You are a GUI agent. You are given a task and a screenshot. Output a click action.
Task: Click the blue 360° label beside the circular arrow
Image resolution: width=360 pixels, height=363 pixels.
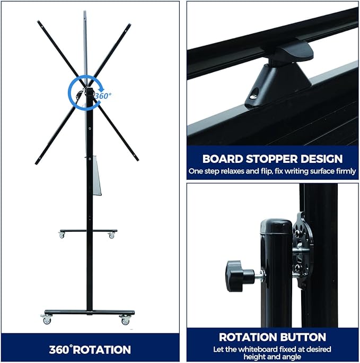103,96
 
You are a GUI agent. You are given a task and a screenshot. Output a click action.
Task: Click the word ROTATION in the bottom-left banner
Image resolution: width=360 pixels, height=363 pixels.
102,350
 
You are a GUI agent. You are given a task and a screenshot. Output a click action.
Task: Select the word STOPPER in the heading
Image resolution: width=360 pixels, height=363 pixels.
272,159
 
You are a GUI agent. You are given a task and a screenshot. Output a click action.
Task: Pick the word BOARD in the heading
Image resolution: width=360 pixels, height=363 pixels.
223,159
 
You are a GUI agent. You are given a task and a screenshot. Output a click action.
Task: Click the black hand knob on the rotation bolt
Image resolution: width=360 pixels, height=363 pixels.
238,275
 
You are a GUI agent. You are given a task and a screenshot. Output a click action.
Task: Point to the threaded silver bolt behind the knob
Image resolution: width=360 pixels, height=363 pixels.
259,275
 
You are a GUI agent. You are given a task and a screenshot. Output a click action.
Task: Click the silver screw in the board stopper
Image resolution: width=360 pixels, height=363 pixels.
253,96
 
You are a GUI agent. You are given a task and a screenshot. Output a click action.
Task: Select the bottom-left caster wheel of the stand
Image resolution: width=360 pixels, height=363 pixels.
47,319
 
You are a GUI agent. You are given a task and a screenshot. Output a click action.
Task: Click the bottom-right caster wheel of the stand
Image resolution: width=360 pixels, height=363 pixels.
125,319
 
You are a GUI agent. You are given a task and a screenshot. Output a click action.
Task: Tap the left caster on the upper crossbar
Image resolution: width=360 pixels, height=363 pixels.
62,235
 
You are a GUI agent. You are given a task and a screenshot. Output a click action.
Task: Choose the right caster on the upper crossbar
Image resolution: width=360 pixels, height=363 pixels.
111,235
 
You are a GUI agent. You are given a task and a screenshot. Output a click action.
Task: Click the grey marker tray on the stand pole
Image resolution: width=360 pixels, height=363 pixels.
97,175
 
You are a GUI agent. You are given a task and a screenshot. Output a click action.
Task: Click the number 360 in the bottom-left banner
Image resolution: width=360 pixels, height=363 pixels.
60,350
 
